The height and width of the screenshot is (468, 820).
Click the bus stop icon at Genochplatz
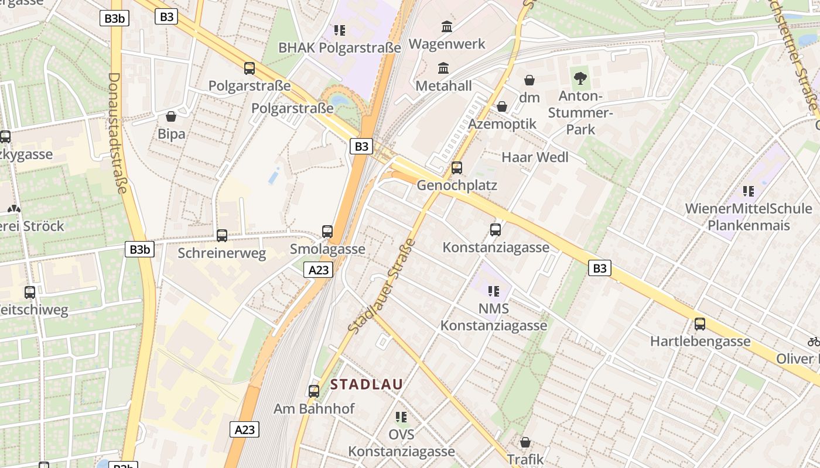tap(457, 168)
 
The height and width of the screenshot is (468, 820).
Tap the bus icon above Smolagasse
tap(327, 232)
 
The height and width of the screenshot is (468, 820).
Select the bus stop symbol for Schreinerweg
tap(222, 236)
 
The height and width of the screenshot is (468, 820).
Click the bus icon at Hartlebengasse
tap(700, 324)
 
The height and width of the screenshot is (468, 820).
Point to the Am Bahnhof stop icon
tap(314, 391)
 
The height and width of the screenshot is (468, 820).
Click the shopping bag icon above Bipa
tap(171, 116)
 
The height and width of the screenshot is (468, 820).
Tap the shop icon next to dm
tap(529, 80)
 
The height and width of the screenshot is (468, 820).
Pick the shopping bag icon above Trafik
tap(525, 442)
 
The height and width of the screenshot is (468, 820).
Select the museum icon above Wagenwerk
tap(447, 26)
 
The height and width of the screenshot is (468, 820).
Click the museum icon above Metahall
tap(443, 68)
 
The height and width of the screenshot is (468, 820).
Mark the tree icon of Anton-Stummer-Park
tap(580, 78)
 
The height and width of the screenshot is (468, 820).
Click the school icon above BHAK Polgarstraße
tap(340, 30)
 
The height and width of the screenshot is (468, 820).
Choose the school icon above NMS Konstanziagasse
tap(494, 291)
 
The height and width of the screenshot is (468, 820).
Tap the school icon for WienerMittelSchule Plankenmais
tap(749, 191)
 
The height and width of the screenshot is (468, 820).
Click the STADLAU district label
tap(367, 384)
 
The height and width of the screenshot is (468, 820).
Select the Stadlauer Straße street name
tap(382, 287)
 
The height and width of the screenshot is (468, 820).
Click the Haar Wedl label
tap(535, 157)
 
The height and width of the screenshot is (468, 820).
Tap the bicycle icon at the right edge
tap(814, 341)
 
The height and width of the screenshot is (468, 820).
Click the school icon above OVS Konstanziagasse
tap(401, 417)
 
